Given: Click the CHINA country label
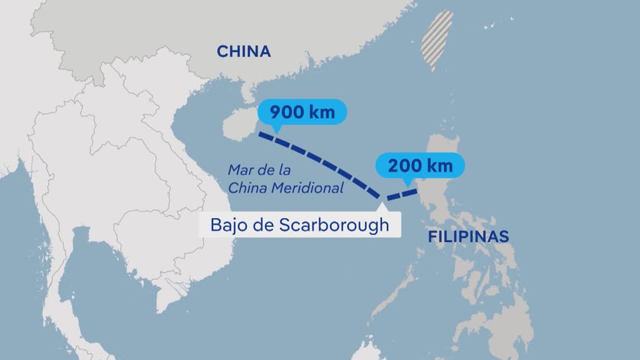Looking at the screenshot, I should click(244, 51).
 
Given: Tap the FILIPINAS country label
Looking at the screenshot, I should click(468, 237).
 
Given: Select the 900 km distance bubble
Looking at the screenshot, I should click(302, 112).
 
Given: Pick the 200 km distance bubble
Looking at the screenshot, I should click(421, 166).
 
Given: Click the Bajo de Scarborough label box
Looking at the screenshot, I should click(299, 225).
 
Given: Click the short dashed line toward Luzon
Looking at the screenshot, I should click(401, 194).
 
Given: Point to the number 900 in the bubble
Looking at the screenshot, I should click(287, 113).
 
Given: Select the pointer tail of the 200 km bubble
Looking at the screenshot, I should click(407, 183).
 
